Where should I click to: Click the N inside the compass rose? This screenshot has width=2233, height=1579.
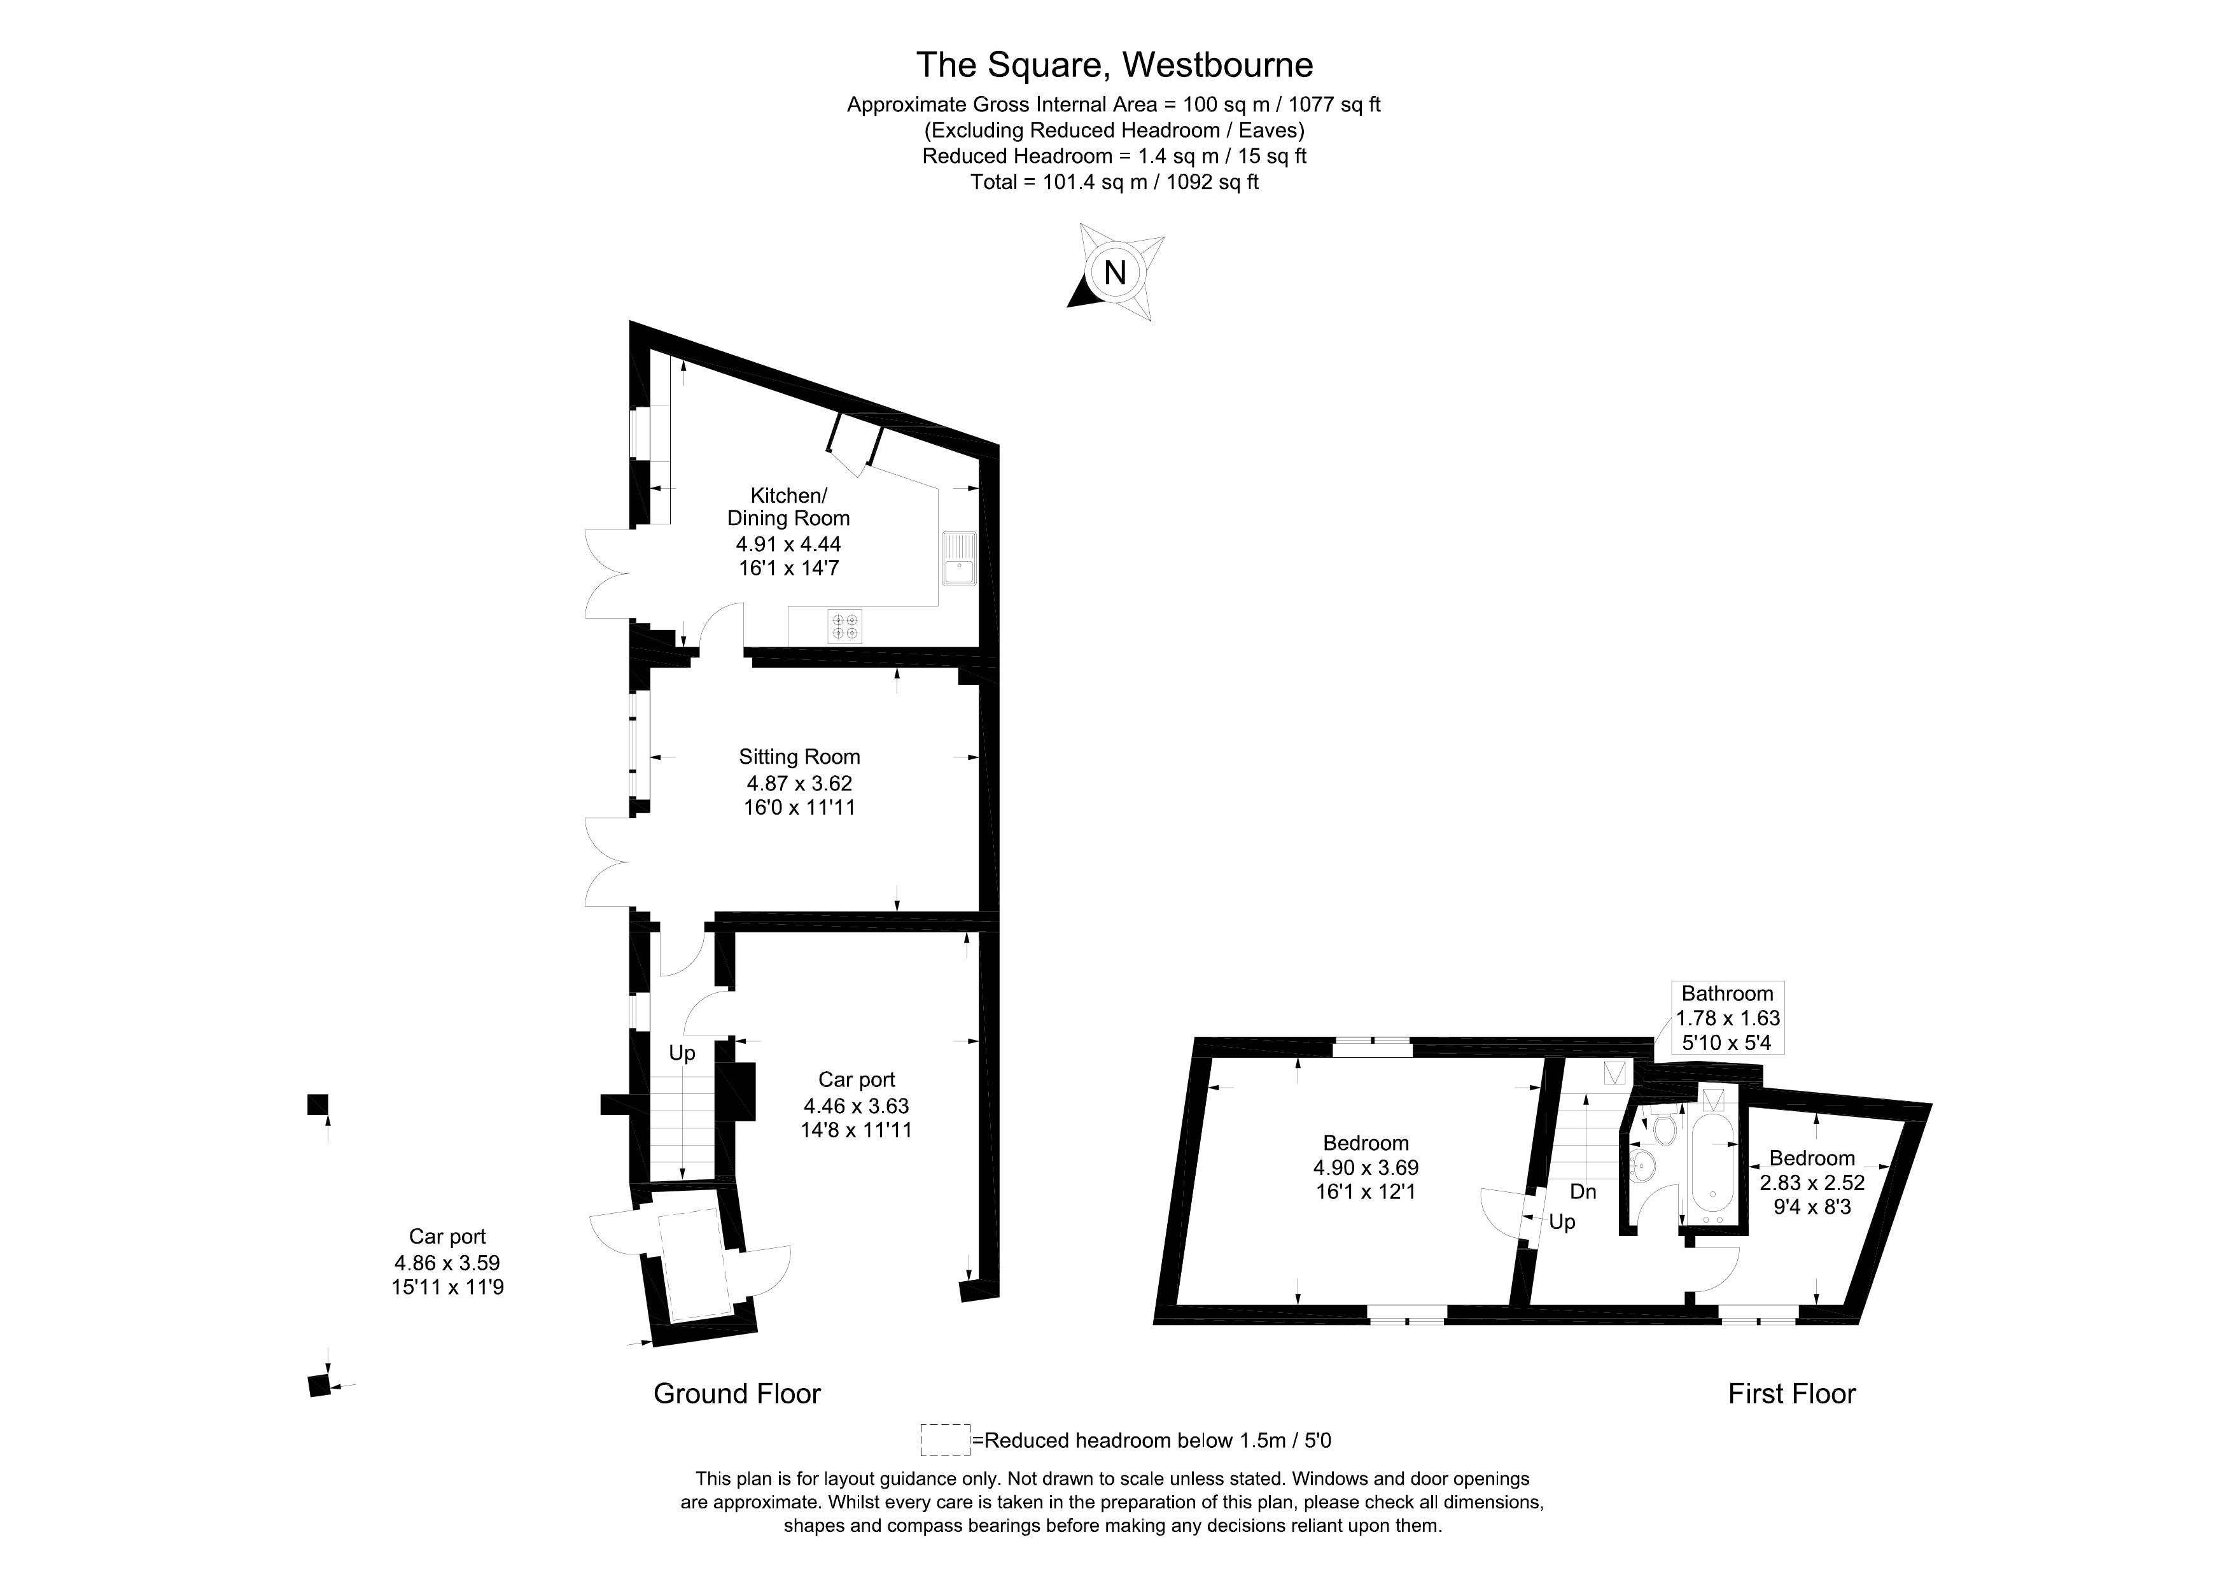[x=1114, y=272]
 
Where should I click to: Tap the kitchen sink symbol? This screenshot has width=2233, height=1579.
[x=959, y=558]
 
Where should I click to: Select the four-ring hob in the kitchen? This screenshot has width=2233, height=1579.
[x=844, y=626]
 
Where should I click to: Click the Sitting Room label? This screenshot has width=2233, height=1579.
[x=799, y=757]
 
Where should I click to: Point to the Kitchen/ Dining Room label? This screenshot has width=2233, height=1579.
[x=788, y=507]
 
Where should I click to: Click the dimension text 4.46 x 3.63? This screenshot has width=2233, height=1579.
[x=856, y=1105]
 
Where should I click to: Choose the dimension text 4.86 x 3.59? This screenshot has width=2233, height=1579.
[x=447, y=1263]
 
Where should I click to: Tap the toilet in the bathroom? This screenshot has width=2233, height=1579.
[x=1664, y=1130]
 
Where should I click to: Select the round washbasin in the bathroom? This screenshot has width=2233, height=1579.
[x=1642, y=1163]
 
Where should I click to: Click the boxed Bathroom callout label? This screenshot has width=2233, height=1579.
[x=1727, y=1018]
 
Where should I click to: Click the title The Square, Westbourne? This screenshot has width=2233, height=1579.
[x=1114, y=65]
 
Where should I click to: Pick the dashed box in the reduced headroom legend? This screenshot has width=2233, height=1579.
[x=944, y=1440]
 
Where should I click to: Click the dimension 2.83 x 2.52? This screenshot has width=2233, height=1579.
[x=1812, y=1184]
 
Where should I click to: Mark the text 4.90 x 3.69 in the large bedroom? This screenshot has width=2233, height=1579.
[x=1366, y=1167]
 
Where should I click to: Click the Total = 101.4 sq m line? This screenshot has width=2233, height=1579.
[x=1114, y=182]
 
